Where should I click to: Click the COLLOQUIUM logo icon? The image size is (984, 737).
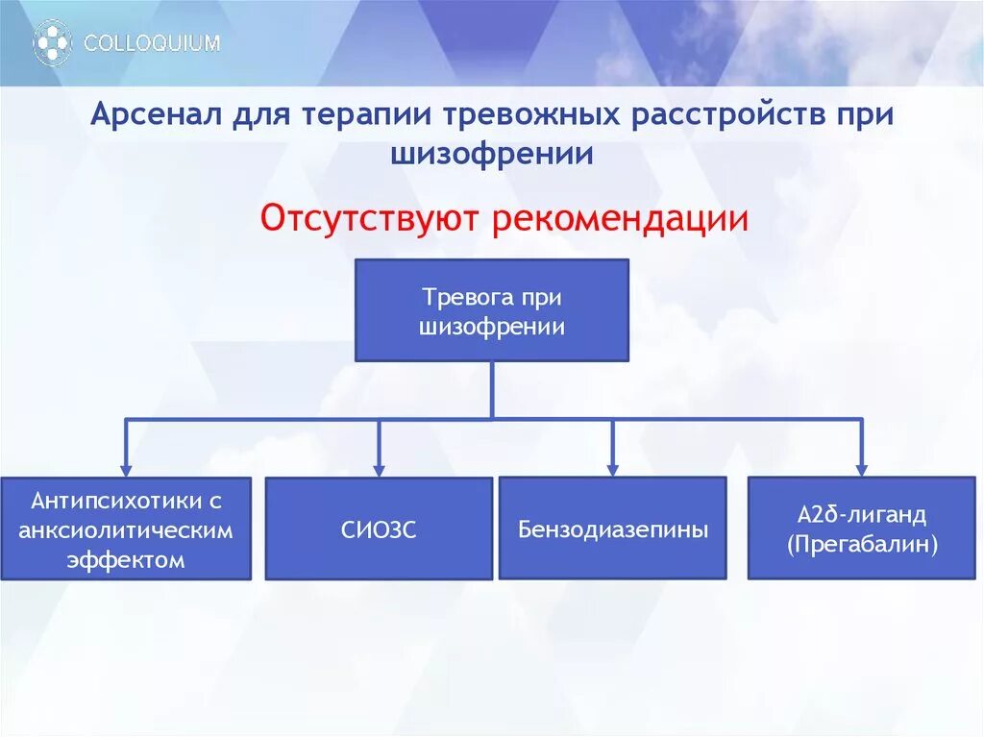(52, 43)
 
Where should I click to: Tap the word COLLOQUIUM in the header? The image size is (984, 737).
(152, 43)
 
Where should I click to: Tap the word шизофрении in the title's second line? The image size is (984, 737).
(491, 154)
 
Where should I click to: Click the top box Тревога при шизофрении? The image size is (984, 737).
(492, 310)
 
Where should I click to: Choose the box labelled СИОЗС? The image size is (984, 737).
(379, 529)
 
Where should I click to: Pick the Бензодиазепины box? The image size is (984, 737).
(613, 528)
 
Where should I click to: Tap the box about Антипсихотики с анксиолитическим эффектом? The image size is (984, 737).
(126, 529)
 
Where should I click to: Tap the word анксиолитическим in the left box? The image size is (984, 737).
(126, 529)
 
